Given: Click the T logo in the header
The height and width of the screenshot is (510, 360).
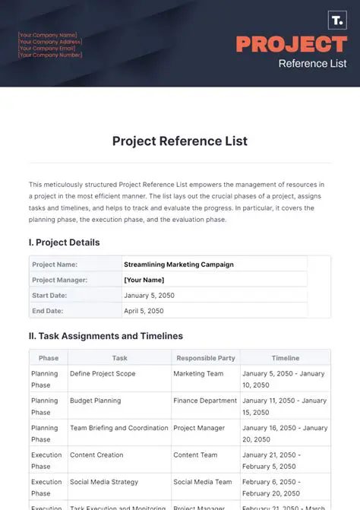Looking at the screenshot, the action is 336,21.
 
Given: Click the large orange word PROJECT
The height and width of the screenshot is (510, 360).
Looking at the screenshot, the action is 292,43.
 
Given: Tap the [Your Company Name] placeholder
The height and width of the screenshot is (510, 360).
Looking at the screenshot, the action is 48,34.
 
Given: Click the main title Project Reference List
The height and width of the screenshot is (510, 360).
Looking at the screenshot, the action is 180,141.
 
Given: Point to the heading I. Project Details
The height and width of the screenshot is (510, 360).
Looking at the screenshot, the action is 65,242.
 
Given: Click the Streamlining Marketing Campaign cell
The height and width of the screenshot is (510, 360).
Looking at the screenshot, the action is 178,265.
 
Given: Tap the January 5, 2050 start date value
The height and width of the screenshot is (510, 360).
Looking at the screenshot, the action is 152,295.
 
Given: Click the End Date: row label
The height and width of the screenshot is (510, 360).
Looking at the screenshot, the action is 48,310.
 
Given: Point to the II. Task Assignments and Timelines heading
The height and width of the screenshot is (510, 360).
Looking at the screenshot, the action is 106,335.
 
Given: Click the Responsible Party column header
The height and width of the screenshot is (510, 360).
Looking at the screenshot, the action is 205,358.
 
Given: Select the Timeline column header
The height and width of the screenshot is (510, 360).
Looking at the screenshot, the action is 286,358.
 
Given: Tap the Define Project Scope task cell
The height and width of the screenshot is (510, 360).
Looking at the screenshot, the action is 103,373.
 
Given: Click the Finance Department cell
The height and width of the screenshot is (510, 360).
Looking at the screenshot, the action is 205,401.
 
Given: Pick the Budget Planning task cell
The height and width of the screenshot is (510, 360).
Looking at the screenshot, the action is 95,401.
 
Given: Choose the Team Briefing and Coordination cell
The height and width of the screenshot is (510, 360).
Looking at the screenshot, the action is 119,428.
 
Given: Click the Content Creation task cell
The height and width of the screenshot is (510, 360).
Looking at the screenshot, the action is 96,455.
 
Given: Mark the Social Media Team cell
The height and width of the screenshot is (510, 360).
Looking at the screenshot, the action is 203,482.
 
